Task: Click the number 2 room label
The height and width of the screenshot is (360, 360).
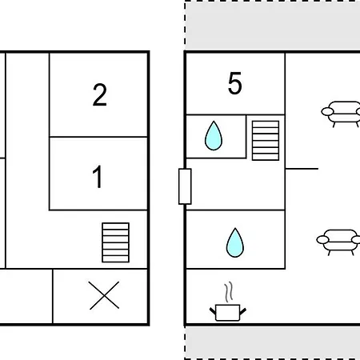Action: [100, 95]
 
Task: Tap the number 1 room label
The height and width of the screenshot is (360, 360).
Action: [98, 177]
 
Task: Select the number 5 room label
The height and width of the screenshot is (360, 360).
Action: [235, 83]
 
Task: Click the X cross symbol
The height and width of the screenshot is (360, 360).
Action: [104, 295]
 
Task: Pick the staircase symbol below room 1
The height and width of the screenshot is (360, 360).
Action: [116, 242]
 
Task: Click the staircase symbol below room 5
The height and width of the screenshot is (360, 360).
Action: [266, 141]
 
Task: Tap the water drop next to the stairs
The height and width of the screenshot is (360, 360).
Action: [214, 136]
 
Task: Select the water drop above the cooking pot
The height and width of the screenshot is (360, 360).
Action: [235, 242]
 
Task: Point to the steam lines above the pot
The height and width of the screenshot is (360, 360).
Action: [228, 292]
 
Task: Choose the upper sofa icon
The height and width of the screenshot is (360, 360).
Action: [341, 114]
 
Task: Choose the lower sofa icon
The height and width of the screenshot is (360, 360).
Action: [338, 242]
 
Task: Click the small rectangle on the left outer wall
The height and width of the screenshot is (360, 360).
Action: [185, 186]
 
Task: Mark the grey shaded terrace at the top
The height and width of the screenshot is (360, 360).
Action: [273, 26]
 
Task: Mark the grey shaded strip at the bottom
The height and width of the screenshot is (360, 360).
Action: [273, 342]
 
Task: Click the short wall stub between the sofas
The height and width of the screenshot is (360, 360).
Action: [302, 169]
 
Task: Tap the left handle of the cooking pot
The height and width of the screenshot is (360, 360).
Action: [213, 311]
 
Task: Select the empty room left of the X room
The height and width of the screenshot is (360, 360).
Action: [26, 296]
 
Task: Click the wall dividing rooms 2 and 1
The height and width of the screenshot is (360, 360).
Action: [98, 137]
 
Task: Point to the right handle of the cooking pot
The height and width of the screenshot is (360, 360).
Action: [243, 311]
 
